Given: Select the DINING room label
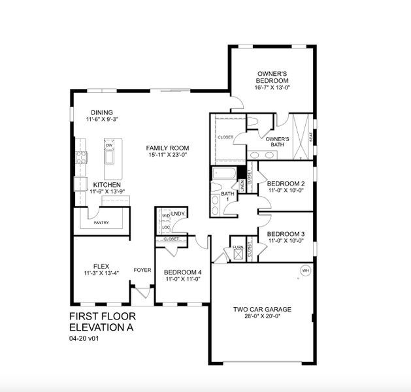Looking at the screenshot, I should (x=102, y=112).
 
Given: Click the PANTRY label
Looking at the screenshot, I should (x=101, y=223).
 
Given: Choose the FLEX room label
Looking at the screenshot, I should (x=101, y=266).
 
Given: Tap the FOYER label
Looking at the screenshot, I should (x=142, y=269).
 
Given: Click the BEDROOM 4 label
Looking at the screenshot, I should (x=182, y=272).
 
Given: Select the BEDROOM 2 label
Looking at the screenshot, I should (x=286, y=184).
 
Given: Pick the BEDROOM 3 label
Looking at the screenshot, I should (x=286, y=234).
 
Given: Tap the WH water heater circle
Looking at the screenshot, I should (x=304, y=270).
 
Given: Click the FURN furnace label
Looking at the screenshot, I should (x=237, y=248).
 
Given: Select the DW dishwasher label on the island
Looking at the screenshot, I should (x=109, y=145).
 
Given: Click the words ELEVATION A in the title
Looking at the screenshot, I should (x=104, y=327).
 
